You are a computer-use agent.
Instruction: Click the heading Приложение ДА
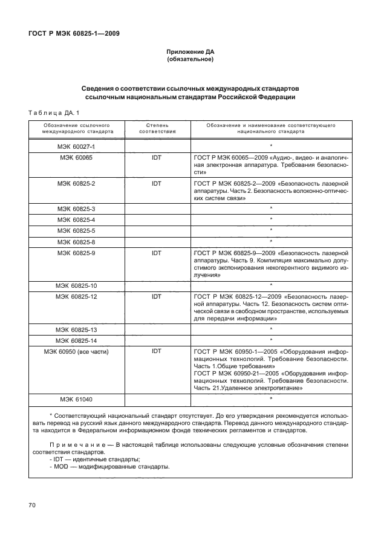pos(190,53)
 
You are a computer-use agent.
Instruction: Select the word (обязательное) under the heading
pos(190,60)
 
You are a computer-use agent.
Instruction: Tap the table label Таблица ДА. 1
pos(54,112)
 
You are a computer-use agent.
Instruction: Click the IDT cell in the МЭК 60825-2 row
pos(157,182)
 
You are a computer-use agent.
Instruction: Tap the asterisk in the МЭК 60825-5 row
pos(271,230)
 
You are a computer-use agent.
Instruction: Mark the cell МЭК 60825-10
pos(76,285)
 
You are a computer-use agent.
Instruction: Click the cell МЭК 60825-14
pos(76,340)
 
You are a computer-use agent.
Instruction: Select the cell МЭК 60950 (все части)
pos(76,351)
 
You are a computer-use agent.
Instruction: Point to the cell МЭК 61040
pos(76,399)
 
